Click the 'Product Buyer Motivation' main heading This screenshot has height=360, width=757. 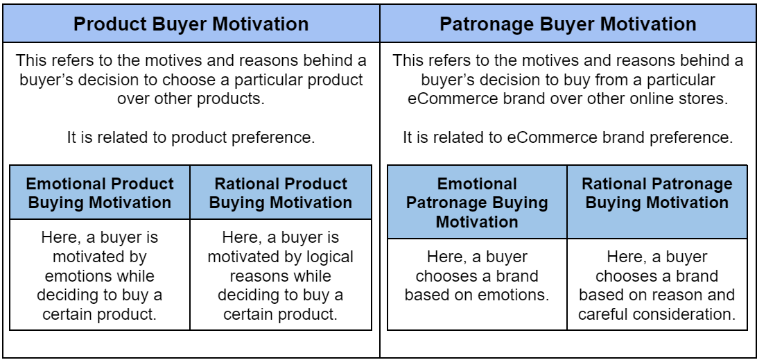[191, 24]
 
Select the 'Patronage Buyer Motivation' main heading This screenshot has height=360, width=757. [568, 24]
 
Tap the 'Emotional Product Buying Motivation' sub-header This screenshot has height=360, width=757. [100, 194]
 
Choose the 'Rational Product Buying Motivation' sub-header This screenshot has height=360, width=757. [281, 194]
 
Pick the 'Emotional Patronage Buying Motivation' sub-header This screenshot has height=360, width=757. [477, 203]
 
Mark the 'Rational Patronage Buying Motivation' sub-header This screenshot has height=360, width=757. [656, 194]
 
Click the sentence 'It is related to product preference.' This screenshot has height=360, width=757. [191, 137]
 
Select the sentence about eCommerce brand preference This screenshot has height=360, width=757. [568, 137]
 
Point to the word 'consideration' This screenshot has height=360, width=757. [693, 314]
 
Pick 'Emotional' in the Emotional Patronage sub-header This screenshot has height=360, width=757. [477, 184]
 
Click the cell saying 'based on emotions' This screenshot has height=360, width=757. [477, 275]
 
